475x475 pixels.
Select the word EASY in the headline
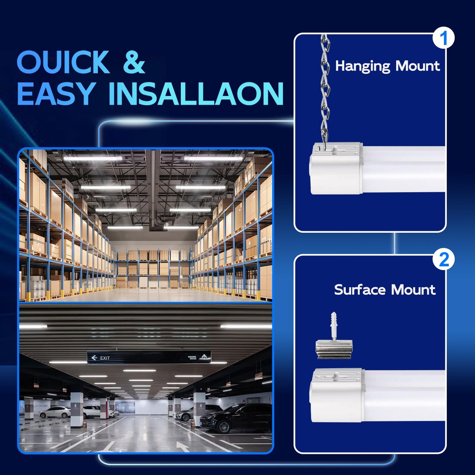56,94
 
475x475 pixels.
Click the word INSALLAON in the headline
196,94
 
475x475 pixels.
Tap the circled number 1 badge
443,38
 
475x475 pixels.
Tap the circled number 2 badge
444,260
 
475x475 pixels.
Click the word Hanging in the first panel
362,66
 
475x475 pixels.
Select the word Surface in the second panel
360,290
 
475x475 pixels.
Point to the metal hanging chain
325,89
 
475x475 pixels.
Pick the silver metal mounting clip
334,349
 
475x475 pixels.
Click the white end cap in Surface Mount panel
337,395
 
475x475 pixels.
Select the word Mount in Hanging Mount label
417,66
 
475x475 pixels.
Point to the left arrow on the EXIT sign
94,358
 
